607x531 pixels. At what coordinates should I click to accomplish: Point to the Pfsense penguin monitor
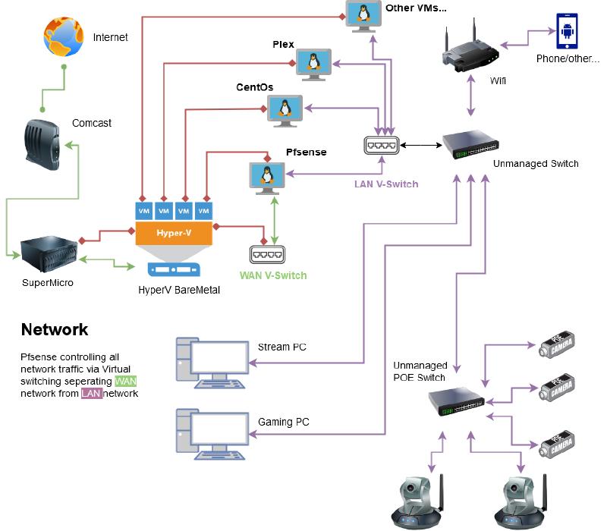click(266, 175)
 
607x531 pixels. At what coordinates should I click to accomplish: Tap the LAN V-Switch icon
click(382, 145)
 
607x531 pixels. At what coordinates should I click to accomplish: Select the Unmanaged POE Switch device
click(455, 400)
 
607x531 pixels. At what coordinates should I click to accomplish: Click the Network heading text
click(55, 330)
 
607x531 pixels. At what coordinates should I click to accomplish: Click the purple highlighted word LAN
click(91, 394)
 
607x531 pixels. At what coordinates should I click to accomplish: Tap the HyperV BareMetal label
click(180, 289)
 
